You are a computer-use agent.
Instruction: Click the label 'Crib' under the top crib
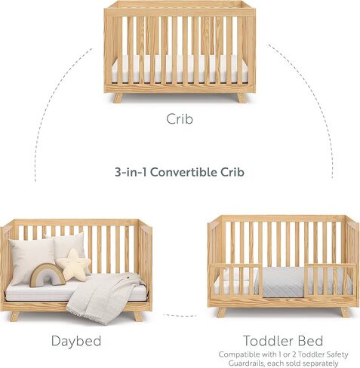[180, 118]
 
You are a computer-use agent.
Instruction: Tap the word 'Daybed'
[76, 341]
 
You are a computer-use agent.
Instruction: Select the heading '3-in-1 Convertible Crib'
[180, 172]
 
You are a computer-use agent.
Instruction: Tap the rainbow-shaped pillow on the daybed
[47, 274]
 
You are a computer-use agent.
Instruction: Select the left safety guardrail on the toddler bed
[235, 278]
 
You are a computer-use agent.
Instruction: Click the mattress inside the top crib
[180, 69]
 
